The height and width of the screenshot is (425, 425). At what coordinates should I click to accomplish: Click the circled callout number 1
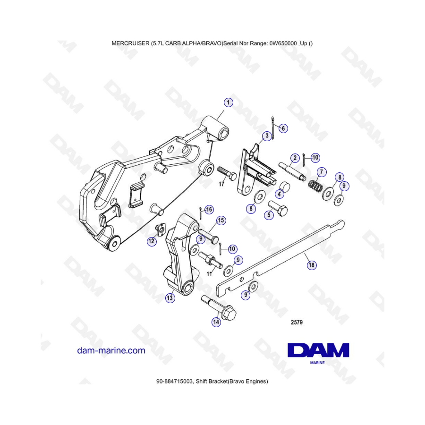(228, 102)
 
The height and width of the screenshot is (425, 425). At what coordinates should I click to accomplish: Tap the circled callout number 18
(312, 265)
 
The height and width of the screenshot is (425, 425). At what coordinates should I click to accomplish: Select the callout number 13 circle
(170, 298)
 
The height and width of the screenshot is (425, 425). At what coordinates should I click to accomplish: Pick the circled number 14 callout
(216, 322)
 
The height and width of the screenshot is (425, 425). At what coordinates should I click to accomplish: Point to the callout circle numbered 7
(322, 172)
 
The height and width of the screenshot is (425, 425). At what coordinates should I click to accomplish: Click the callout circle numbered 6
(283, 128)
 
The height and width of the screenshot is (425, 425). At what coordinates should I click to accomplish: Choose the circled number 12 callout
(152, 241)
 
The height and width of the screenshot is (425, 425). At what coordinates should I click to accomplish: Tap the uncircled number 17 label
(221, 184)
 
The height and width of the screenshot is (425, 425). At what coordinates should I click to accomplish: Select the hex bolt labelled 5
(278, 207)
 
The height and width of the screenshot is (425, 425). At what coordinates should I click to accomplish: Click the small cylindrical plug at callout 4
(284, 187)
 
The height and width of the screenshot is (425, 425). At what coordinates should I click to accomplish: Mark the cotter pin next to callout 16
(200, 213)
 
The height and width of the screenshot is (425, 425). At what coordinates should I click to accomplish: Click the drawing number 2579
(297, 322)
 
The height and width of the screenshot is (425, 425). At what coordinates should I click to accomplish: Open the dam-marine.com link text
(111, 350)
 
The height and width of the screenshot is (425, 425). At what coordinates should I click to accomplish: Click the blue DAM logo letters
(318, 350)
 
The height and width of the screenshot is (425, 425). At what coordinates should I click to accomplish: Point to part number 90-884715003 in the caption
(175, 382)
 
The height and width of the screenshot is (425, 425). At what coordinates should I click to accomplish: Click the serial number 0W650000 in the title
(283, 43)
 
